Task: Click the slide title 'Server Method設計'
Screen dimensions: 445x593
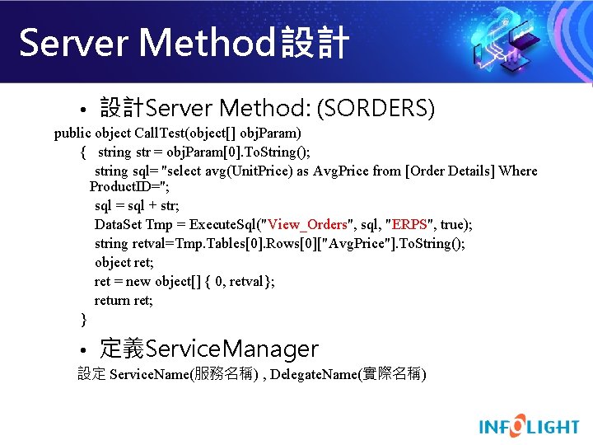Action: click(184, 43)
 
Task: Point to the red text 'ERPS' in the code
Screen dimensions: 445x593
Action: click(409, 225)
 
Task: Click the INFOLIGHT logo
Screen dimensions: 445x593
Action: click(529, 426)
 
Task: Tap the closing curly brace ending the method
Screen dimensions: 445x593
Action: click(83, 318)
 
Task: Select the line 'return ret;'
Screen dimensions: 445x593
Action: click(124, 300)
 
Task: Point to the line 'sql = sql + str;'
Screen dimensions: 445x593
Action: click(137, 206)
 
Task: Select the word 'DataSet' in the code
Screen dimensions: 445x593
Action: click(118, 225)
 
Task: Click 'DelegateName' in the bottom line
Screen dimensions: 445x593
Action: click(310, 375)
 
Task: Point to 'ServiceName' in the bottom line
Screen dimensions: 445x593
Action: click(148, 375)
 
